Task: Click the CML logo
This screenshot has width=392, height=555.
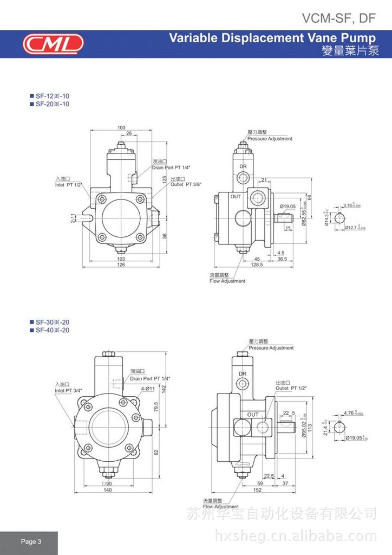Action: point(53,43)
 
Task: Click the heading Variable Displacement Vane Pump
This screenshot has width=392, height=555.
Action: point(272,38)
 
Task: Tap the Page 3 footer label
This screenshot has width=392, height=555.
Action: point(31,541)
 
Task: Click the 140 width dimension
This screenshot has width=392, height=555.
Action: point(108,491)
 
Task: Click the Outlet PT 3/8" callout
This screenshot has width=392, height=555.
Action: point(186,184)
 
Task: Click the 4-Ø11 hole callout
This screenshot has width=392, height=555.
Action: point(148,389)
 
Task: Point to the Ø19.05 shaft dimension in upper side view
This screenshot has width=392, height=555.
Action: point(288,206)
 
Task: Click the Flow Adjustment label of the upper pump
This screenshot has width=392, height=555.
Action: point(227,281)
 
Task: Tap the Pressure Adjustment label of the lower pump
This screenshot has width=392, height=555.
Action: point(271,348)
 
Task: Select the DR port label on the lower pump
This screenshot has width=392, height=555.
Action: point(242,373)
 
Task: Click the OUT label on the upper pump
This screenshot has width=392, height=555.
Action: point(236,196)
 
